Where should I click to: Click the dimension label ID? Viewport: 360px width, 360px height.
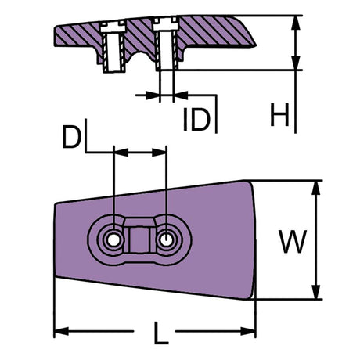196,120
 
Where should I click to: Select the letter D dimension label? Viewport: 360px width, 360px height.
73,138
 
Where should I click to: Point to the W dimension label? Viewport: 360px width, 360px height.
293,243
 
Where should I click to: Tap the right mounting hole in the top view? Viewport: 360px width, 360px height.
166,238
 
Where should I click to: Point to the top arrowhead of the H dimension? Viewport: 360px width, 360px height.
296,20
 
